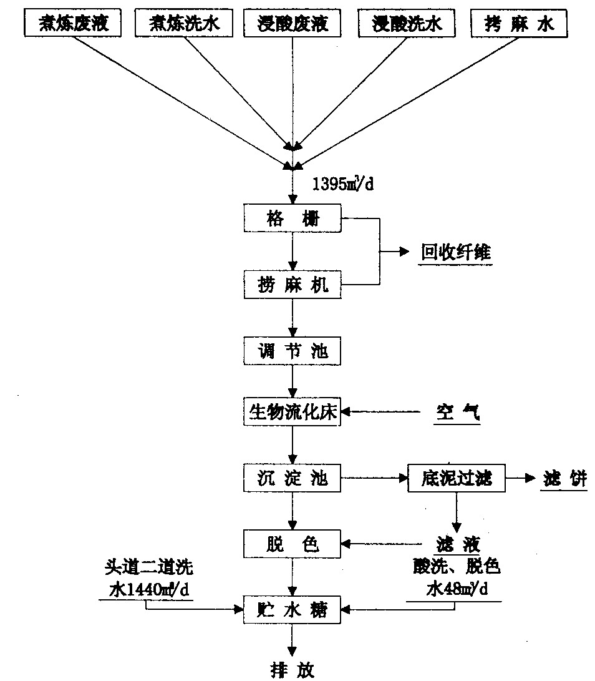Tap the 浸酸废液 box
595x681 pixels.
[x=293, y=25]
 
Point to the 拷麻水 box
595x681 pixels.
[x=520, y=25]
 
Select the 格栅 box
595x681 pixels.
[x=293, y=219]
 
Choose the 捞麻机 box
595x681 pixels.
[x=293, y=287]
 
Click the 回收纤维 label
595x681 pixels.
[x=455, y=253]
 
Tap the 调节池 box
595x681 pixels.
[x=293, y=353]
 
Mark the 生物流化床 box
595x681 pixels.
[x=293, y=412]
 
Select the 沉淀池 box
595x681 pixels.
[x=293, y=479]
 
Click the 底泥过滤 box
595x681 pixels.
[x=457, y=479]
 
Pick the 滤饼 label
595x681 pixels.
[x=563, y=479]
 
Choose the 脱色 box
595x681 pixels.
[x=293, y=544]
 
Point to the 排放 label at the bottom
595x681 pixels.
[x=293, y=670]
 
